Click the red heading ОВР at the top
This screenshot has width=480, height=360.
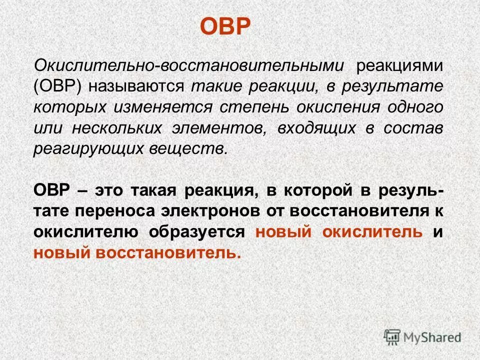(x=224, y=26)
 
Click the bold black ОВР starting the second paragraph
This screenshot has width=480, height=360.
(x=51, y=191)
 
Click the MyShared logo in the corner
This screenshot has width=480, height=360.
(x=422, y=336)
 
